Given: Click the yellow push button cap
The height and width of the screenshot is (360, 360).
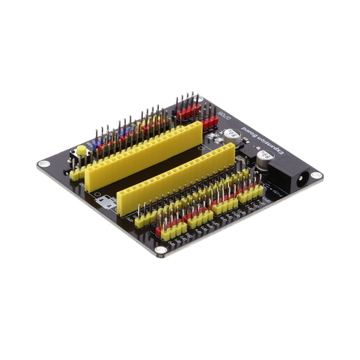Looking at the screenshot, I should pyautogui.click(x=80, y=149).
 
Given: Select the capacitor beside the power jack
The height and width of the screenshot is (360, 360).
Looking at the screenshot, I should pyautogui.click(x=263, y=157).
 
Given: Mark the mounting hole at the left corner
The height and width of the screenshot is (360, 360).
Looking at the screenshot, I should pyautogui.click(x=43, y=164).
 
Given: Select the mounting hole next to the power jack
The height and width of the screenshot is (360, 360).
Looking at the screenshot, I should pyautogui.click(x=317, y=176).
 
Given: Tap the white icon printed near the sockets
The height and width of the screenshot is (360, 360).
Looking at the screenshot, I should pyautogui.click(x=107, y=202).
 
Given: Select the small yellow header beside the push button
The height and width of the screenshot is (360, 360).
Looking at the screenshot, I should pyautogui.click(x=76, y=173).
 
